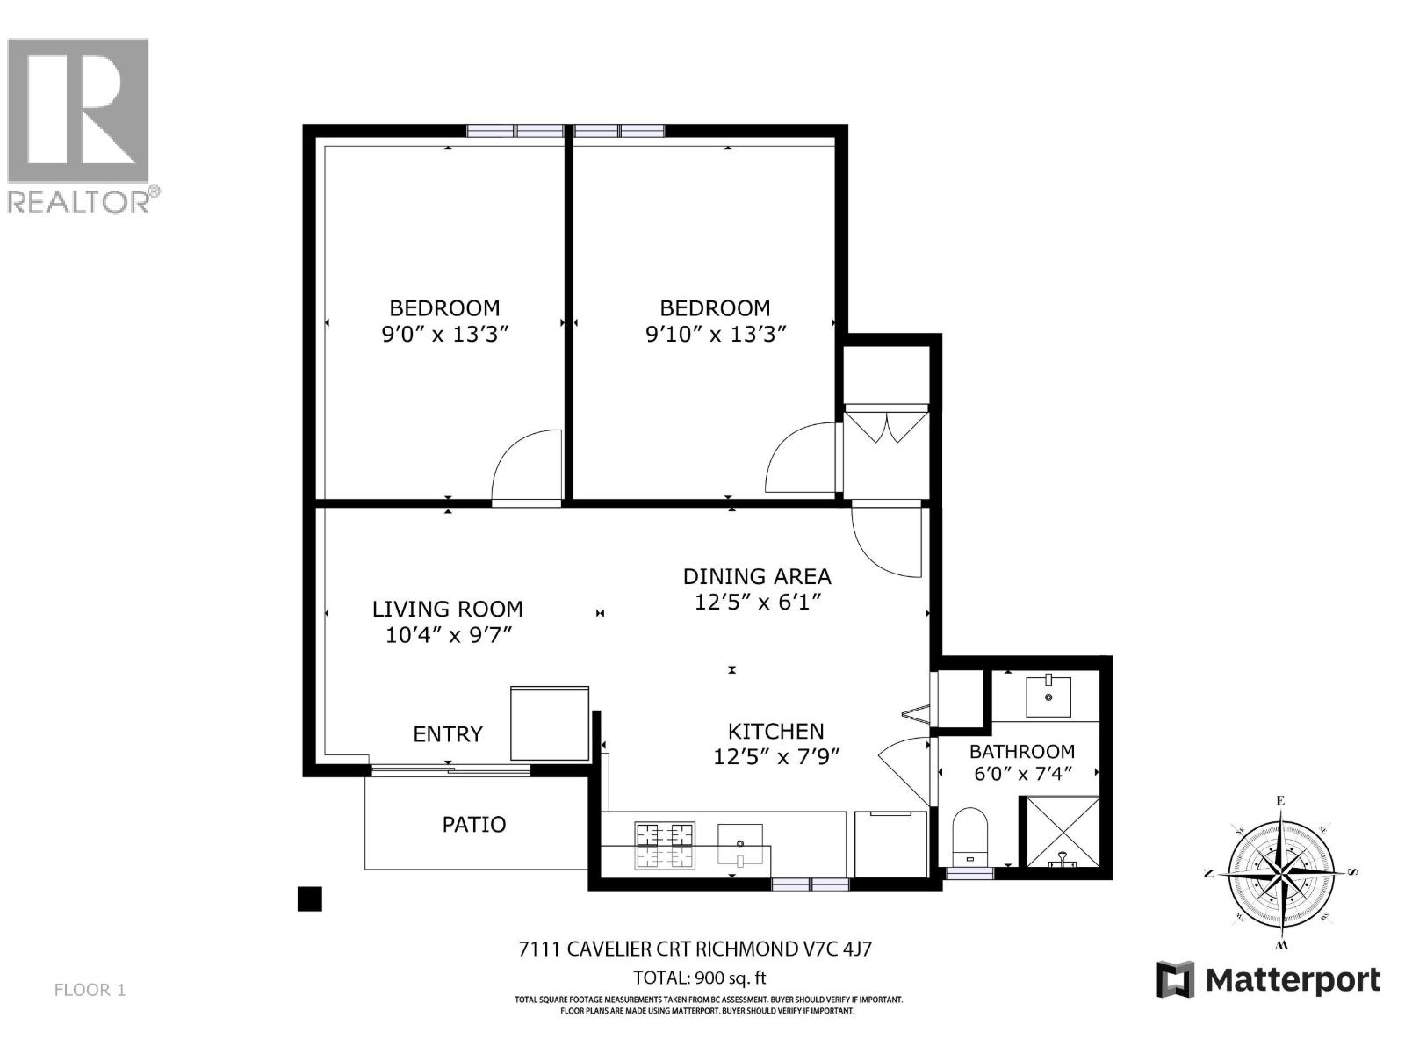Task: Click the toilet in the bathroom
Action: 969,837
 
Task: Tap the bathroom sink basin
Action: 1048,696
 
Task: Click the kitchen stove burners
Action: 665,846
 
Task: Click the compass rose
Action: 1281,872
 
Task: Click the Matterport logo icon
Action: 1175,979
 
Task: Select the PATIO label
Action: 474,824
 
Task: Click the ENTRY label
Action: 448,734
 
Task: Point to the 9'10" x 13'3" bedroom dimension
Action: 716,334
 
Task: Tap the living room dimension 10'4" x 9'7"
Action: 449,635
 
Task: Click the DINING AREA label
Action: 757,576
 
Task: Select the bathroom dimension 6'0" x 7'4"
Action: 1023,774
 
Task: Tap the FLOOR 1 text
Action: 90,990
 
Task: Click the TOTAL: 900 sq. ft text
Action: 700,978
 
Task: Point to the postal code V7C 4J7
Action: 838,949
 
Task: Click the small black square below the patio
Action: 310,899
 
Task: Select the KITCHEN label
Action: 775,732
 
